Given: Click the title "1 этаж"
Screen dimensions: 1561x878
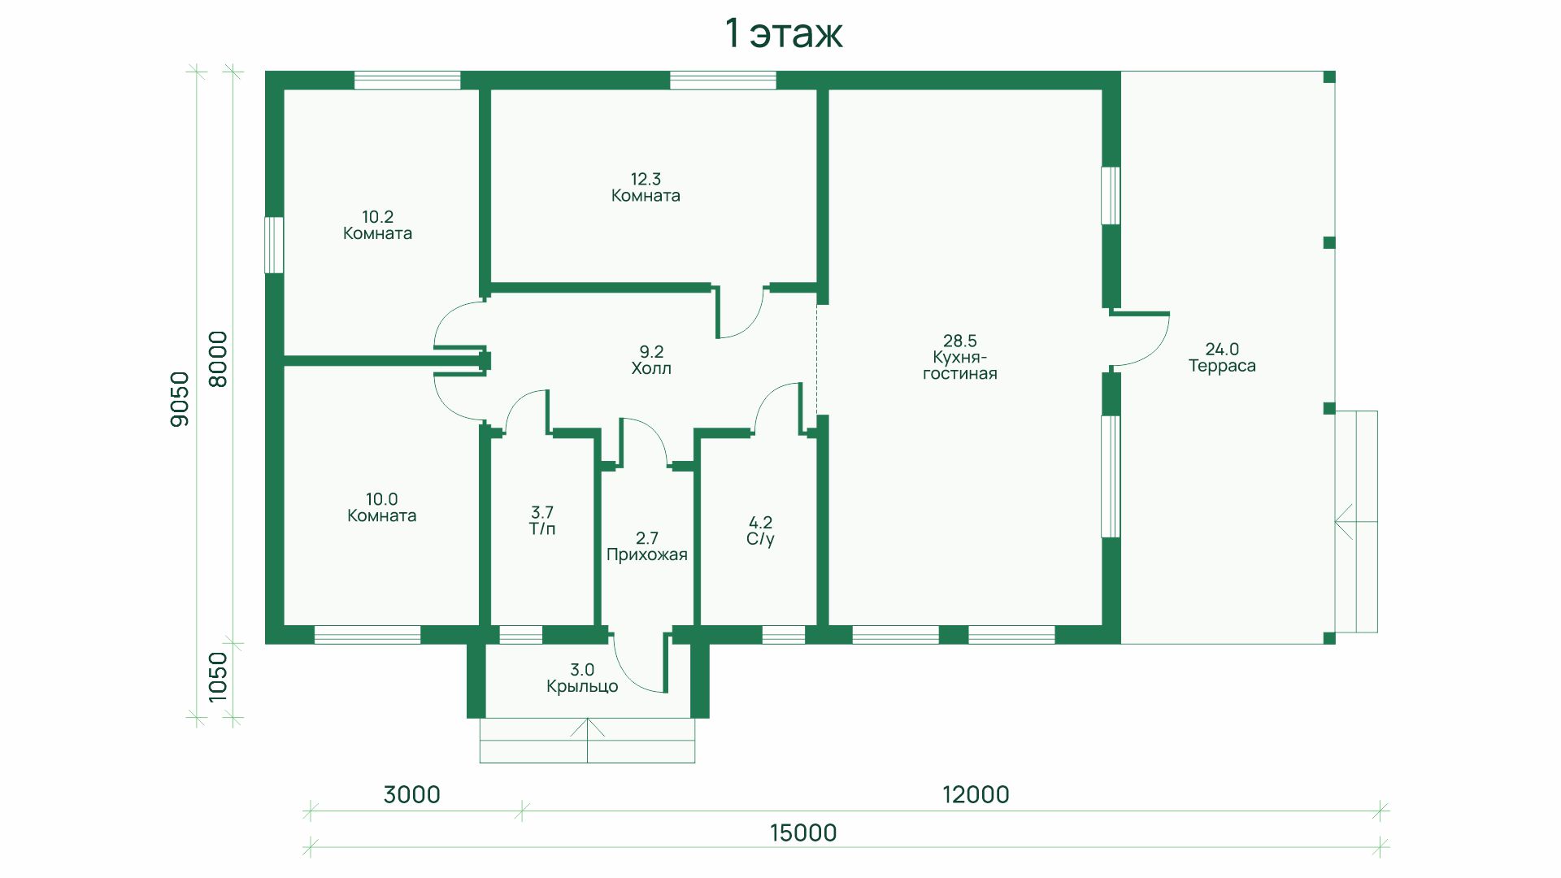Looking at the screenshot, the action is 784,34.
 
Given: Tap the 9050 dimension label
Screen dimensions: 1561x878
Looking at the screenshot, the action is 180,398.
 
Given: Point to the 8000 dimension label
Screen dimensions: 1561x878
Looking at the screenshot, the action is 218,359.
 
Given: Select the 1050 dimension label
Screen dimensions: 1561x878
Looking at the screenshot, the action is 218,677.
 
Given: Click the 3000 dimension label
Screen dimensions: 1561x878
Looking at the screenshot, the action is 412,794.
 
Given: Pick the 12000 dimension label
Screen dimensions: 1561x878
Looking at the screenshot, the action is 976,794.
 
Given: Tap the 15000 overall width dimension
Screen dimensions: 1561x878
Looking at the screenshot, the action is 802,832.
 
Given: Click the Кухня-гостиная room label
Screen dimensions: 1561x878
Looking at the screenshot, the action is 960,366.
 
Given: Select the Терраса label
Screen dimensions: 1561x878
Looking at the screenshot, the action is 1222,367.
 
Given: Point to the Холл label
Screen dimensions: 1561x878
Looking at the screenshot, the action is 651,368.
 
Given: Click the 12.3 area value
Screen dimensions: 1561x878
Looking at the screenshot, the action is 646,179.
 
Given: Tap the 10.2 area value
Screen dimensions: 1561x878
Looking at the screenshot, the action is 377,217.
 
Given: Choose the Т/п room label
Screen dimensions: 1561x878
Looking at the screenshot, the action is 542,529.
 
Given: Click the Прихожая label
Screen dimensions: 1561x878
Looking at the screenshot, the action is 647,555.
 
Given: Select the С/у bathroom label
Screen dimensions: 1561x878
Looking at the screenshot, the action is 760,540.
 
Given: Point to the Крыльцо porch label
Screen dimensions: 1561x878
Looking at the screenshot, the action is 582,687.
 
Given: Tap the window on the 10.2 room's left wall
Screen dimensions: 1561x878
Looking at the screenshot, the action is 275,245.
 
